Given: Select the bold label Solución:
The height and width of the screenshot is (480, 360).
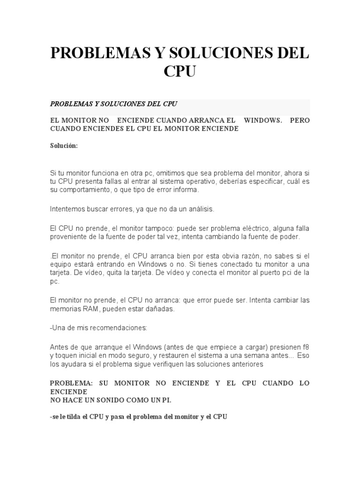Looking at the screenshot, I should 64,146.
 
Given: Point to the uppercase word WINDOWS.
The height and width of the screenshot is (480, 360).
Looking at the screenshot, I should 263,120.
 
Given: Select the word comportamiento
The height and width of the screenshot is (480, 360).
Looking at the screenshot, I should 83,190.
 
